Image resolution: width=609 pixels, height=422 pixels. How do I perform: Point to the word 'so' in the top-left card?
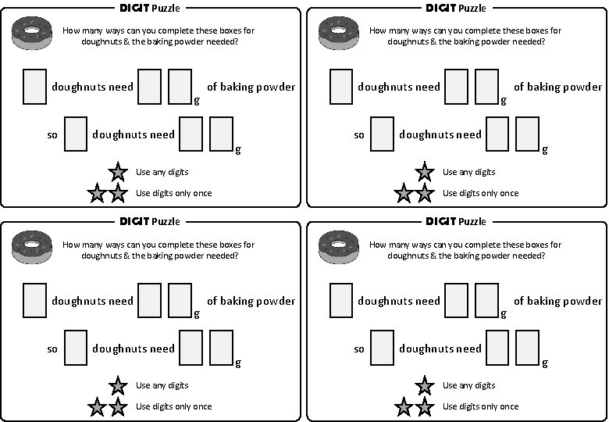[x=52, y=135]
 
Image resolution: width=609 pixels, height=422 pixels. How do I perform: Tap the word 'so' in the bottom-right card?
[x=359, y=349]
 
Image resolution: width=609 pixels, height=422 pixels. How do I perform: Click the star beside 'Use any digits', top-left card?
[x=117, y=172]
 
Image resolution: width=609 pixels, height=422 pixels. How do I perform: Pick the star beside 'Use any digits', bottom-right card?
[x=424, y=385]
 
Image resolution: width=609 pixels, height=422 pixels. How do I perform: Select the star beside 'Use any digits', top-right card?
[x=424, y=172]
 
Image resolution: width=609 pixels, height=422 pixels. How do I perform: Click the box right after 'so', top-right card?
[x=382, y=134]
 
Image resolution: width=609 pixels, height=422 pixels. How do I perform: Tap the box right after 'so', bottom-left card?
[x=75, y=348]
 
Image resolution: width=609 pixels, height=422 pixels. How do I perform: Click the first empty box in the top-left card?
[x=34, y=87]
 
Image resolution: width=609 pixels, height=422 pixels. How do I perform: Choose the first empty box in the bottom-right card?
[x=341, y=300]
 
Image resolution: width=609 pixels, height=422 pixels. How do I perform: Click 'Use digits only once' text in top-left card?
[x=173, y=193]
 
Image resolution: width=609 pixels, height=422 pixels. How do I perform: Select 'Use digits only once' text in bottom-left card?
[x=173, y=406]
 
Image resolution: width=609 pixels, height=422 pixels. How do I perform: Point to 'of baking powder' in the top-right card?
[x=557, y=87]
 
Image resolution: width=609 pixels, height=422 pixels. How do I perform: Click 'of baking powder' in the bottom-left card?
[x=251, y=301]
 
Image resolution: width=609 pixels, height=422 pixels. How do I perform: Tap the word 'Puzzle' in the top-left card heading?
[x=166, y=9]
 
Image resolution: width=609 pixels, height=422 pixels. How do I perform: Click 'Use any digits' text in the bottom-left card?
[x=162, y=385]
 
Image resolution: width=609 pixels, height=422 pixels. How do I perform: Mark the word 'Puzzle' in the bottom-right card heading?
[x=472, y=222]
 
